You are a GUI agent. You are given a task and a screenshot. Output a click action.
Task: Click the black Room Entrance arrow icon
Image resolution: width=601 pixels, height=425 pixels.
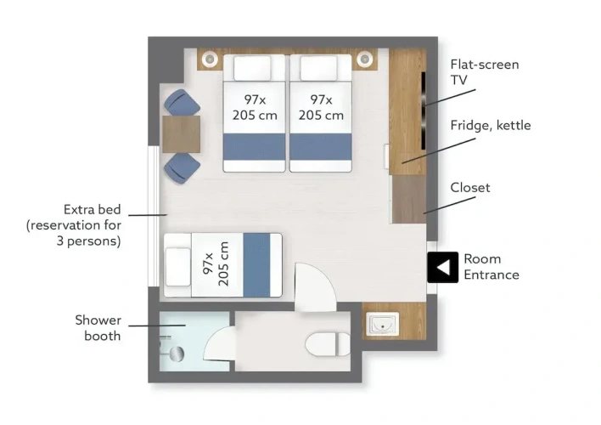tap(443, 267)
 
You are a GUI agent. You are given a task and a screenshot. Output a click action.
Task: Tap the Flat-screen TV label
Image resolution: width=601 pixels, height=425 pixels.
tap(485, 71)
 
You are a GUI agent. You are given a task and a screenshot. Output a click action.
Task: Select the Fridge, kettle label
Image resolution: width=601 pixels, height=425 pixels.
tap(491, 125)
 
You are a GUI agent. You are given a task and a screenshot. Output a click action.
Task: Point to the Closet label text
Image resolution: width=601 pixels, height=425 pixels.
tap(470, 187)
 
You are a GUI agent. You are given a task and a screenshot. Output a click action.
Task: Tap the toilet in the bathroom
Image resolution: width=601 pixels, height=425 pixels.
tap(329, 343)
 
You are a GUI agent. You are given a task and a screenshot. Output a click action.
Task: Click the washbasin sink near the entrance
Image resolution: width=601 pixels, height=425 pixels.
tap(382, 324)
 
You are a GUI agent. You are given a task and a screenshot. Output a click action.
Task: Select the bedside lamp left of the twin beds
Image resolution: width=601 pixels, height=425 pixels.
tap(210, 59)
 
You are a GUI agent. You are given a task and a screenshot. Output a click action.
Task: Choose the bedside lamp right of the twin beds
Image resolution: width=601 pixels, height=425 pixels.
tap(364, 59)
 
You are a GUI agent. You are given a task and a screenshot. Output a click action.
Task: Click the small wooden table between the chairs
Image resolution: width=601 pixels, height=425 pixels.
tap(182, 134)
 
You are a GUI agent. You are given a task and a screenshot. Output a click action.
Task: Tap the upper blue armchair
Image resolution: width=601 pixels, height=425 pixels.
tap(182, 102)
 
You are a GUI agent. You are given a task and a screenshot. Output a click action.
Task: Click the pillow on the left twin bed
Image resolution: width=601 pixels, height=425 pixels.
tap(252, 68)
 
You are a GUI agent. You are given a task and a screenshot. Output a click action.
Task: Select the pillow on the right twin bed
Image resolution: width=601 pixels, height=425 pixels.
tap(318, 68)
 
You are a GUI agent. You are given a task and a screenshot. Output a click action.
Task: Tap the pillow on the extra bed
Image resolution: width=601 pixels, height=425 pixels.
tap(178, 267)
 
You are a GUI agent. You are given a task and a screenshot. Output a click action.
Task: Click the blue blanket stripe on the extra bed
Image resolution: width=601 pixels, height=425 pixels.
tap(256, 264)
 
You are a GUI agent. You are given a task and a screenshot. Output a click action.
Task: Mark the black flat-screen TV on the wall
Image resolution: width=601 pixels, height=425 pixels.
tap(424, 110)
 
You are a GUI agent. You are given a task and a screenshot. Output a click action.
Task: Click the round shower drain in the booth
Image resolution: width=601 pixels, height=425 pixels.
tap(177, 354)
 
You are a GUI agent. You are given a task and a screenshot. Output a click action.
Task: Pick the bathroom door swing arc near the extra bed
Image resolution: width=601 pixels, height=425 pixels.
tap(315, 286)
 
